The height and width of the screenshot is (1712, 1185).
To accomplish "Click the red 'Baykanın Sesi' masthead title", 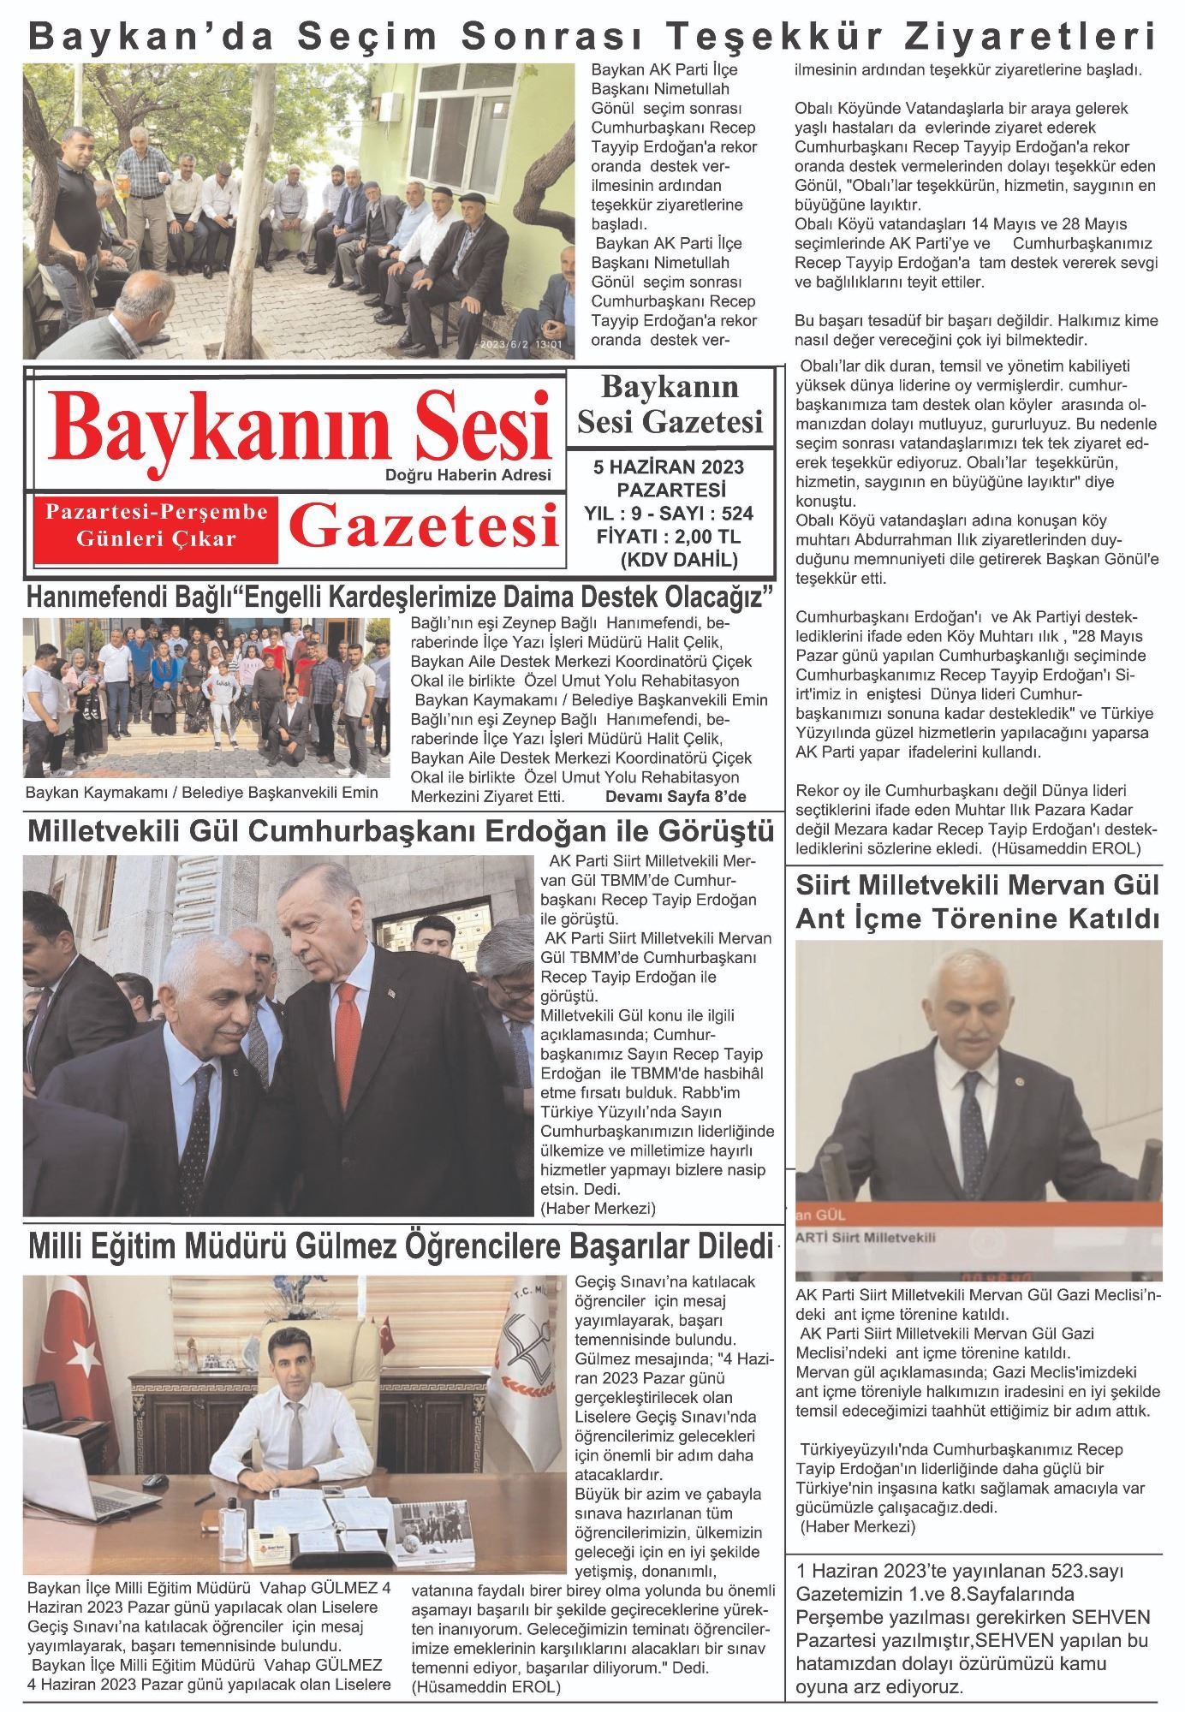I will click(304, 426).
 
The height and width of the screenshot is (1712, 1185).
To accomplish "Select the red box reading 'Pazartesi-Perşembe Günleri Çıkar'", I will click(157, 526).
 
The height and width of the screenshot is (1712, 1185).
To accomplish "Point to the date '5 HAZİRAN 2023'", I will click(669, 468).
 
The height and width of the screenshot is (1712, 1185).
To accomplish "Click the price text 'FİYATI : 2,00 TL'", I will click(668, 538).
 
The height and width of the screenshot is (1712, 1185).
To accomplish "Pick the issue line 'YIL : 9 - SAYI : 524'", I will click(668, 514).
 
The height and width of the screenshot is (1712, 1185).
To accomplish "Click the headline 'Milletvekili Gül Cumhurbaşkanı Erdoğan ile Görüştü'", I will click(401, 831).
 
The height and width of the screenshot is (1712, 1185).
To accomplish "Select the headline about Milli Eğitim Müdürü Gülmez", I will click(401, 1247).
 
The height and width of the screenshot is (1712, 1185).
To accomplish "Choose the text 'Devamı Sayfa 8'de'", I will click(676, 797).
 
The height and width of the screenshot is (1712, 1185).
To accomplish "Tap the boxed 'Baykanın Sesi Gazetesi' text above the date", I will click(670, 404).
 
